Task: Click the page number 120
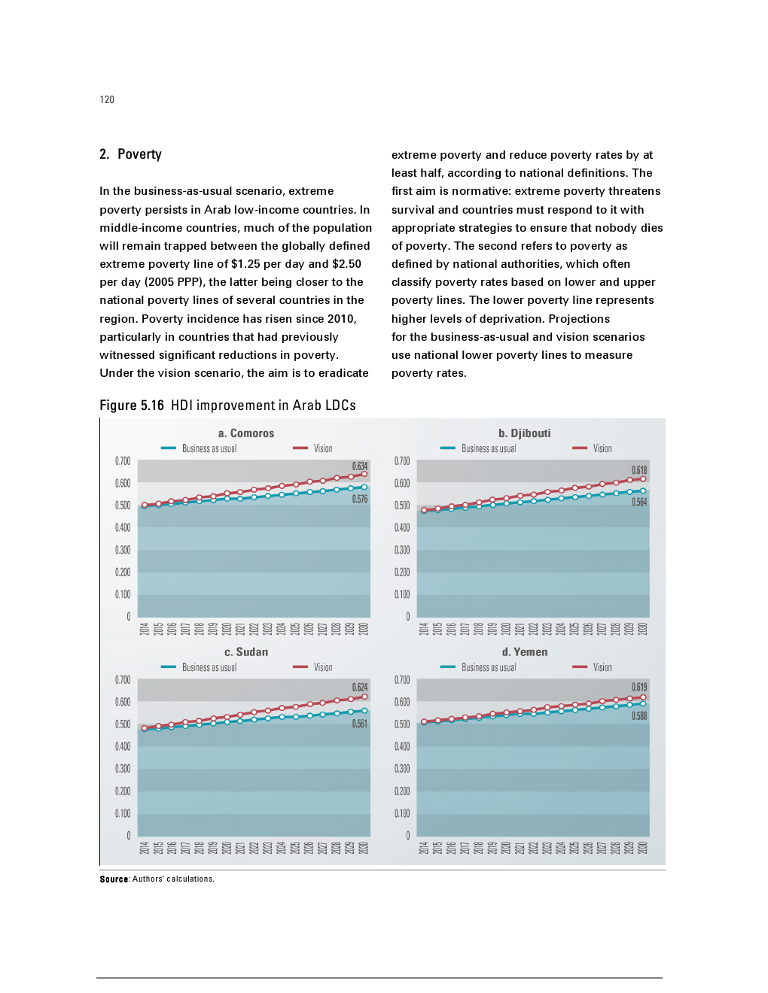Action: click(x=107, y=100)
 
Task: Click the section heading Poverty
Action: click(x=139, y=154)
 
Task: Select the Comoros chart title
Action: click(x=246, y=433)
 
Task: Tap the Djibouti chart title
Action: click(x=525, y=433)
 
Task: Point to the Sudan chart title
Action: click(x=246, y=652)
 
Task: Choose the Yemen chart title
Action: click(x=525, y=652)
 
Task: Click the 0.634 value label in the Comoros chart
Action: click(x=360, y=466)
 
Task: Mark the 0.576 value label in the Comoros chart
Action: click(x=360, y=499)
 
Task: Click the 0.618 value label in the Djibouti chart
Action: click(x=639, y=470)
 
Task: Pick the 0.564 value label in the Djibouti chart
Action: click(x=639, y=502)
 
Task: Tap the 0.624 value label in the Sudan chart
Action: click(x=360, y=687)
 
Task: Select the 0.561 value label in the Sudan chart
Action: click(x=360, y=724)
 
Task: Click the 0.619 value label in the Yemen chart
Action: click(x=639, y=687)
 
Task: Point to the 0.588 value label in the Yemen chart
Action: click(x=639, y=716)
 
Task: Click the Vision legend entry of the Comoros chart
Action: click(x=322, y=448)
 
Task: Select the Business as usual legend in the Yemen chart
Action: click(x=488, y=667)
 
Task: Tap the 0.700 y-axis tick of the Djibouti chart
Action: click(x=402, y=461)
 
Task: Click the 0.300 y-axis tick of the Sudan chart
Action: click(x=123, y=769)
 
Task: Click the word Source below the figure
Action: click(x=114, y=879)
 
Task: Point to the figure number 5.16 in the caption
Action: click(x=152, y=405)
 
